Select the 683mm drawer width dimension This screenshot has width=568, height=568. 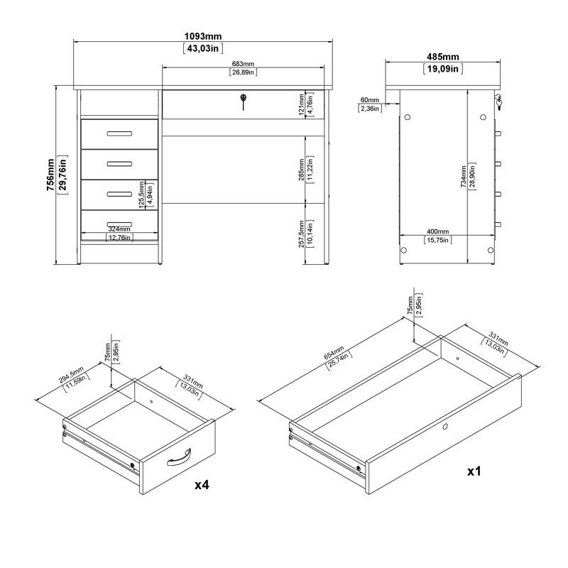click(x=243, y=65)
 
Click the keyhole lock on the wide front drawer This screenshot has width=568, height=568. click(x=243, y=101)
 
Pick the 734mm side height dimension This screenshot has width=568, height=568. click(x=464, y=174)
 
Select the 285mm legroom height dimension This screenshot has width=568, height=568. click(x=302, y=173)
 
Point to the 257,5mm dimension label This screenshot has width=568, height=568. click(x=302, y=233)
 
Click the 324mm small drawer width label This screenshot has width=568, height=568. click(x=119, y=229)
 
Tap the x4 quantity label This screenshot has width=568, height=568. click(x=202, y=485)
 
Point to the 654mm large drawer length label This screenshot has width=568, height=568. click(x=332, y=356)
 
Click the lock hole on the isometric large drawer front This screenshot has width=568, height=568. click(x=444, y=427)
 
